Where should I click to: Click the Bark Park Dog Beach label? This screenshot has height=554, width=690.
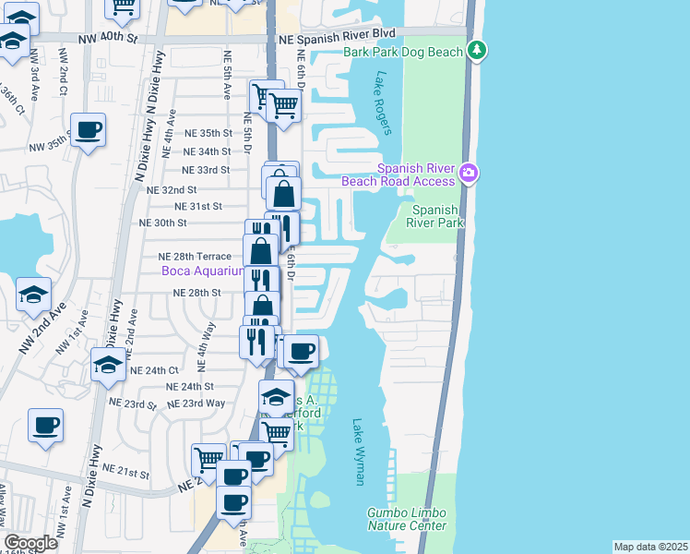(x=402, y=53)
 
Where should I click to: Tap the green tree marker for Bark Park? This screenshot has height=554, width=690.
(x=476, y=49)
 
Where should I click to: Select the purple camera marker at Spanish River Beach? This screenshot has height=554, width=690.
(x=469, y=173)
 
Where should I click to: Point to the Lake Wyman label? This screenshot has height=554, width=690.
(x=360, y=452)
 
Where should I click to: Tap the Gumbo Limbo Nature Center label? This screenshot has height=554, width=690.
(x=407, y=519)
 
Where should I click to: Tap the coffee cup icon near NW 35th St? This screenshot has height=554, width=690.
(x=88, y=130)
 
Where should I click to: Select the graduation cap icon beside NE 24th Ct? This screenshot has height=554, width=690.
(x=108, y=365)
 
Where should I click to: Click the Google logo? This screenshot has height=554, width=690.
(x=30, y=543)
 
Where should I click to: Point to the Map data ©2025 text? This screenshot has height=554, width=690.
(x=651, y=547)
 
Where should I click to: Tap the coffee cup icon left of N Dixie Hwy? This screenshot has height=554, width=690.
(x=44, y=426)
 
